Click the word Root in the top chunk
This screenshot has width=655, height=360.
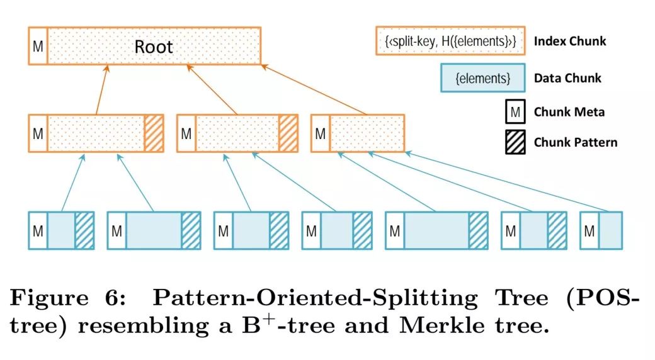tap(154, 47)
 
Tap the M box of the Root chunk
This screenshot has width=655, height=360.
tap(38, 45)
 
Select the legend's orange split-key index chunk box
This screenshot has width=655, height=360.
tap(450, 41)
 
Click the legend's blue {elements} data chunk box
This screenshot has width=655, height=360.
tap(482, 79)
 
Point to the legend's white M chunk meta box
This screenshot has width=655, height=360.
tap(515, 113)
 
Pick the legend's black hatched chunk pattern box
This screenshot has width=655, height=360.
tap(515, 142)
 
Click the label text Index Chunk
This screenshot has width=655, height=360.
tap(570, 42)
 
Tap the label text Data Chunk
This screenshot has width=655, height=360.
tap(567, 79)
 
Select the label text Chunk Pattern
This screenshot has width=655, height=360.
tap(576, 142)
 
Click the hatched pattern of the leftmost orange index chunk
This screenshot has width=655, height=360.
tap(154, 133)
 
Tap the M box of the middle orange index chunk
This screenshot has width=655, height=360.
tap(186, 133)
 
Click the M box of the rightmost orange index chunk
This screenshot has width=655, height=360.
tap(321, 133)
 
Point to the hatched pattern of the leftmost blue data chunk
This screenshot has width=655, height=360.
tap(84, 231)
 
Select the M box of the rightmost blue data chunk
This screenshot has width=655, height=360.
tap(589, 231)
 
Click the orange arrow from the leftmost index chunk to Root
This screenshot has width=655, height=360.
tap(103, 90)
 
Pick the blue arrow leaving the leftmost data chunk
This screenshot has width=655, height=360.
tap(72, 185)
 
